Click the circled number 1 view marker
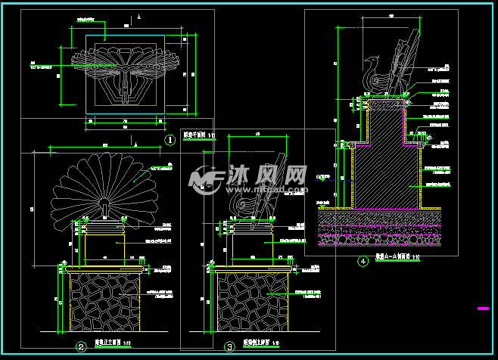pos(170,140)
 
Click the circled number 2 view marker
pos(80,347)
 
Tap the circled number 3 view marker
pos(229,347)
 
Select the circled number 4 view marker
pos(363,262)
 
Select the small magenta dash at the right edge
pos(483,309)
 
